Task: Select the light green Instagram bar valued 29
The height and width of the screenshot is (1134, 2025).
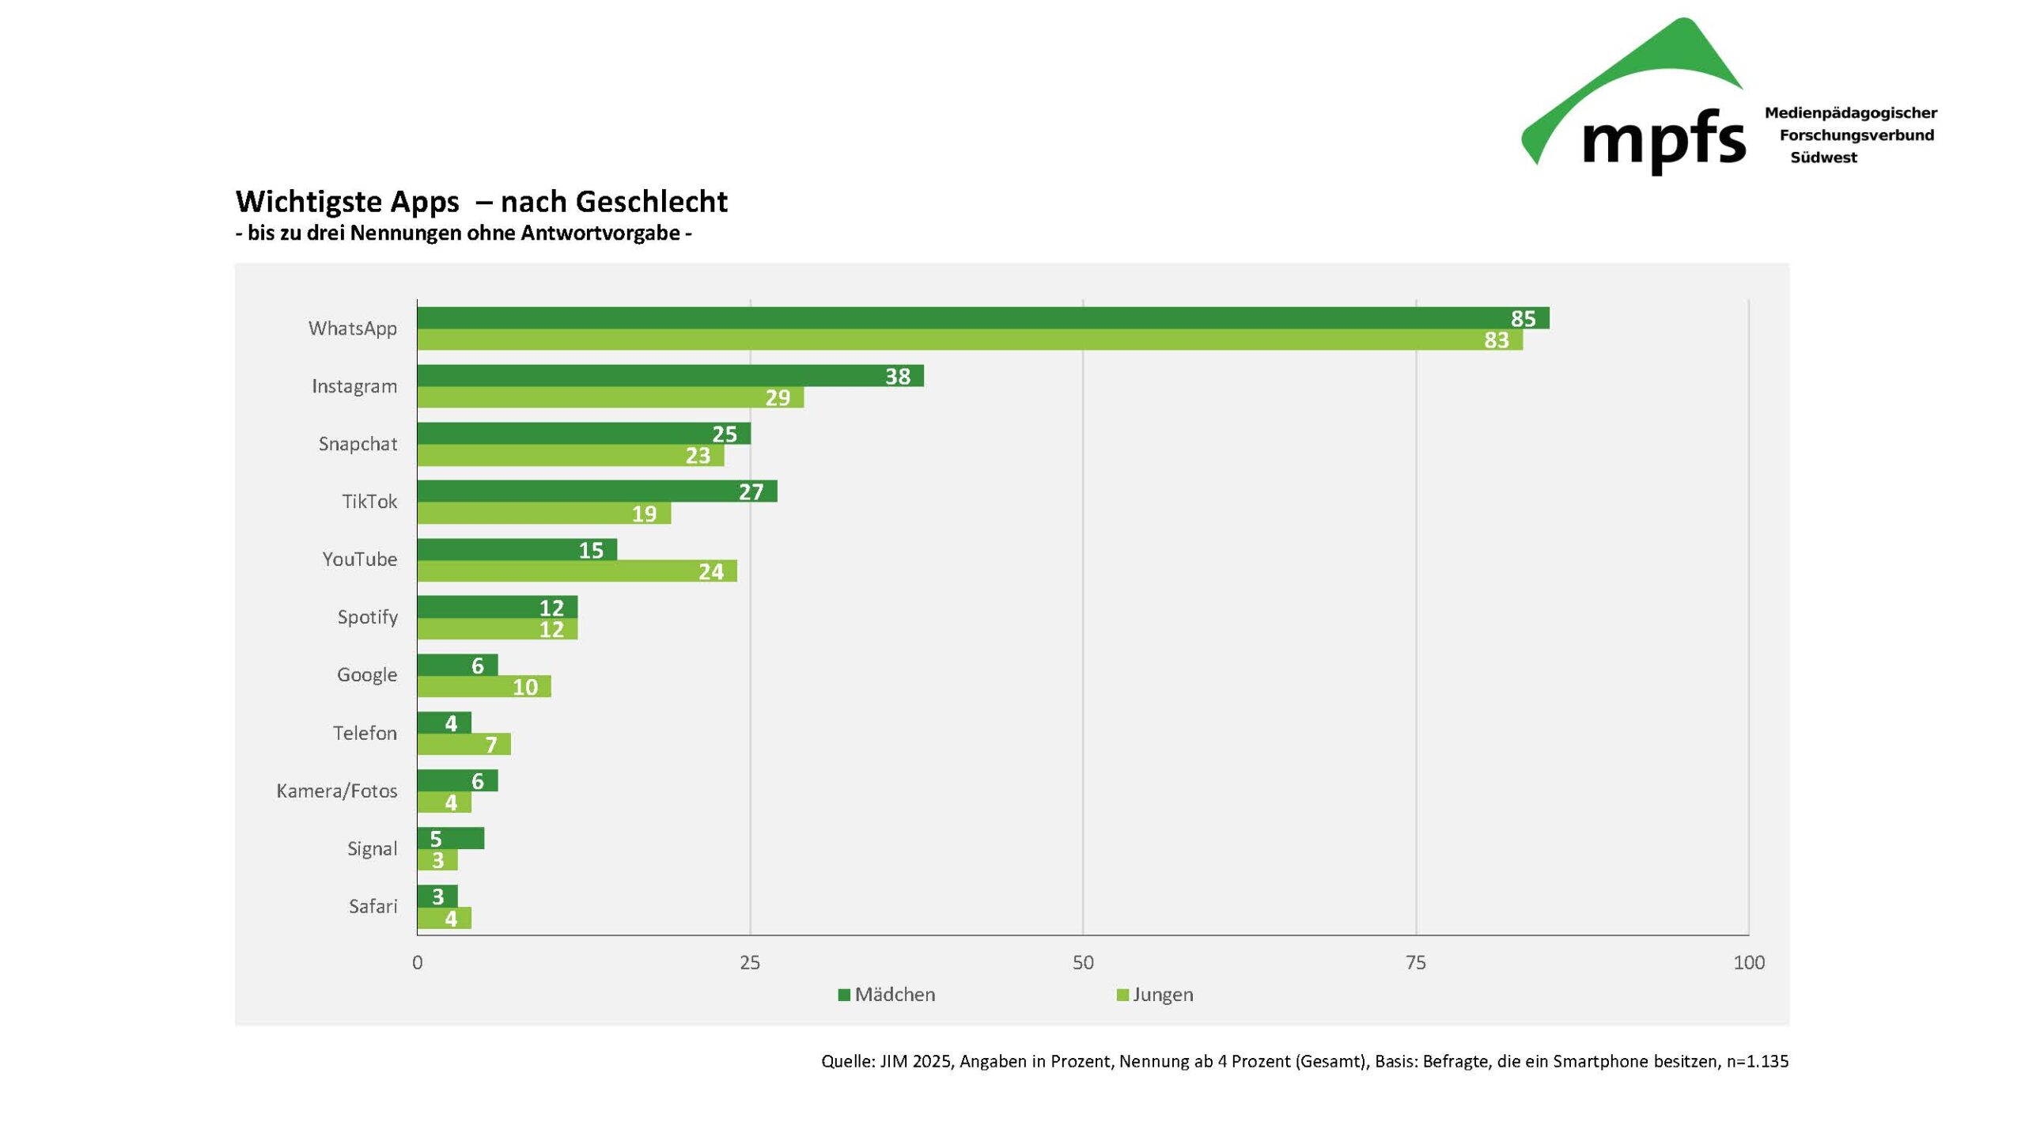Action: (609, 397)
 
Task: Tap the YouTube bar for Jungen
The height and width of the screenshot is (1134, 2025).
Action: (577, 571)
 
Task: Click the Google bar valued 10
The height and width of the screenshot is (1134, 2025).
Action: (483, 686)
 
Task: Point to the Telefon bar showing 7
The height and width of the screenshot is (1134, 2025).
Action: (464, 744)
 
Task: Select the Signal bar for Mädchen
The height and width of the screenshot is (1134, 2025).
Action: (450, 838)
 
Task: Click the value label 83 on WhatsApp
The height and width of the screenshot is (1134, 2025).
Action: (1496, 339)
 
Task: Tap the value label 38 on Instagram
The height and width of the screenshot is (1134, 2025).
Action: (897, 376)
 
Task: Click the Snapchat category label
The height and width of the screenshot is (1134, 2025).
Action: (358, 444)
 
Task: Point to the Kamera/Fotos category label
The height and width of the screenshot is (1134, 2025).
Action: (336, 791)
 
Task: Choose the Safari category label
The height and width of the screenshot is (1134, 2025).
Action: (373, 906)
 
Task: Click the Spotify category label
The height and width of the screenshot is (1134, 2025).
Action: (367, 616)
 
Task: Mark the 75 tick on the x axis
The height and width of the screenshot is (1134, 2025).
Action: (1415, 962)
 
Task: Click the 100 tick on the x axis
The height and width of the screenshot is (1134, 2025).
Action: (1748, 962)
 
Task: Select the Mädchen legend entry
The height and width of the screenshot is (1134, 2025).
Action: (894, 995)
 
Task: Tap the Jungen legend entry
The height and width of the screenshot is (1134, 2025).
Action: (1162, 995)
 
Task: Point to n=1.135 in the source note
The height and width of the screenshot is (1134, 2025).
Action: (1757, 1061)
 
